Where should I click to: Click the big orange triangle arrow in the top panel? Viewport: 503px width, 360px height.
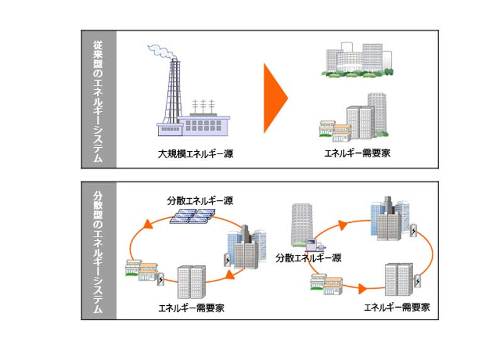coord(274,98)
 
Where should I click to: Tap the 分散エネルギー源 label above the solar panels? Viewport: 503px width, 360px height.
coord(200,201)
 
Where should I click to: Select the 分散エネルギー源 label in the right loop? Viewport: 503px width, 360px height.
coord(309,258)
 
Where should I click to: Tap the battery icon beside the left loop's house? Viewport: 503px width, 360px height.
coord(161,279)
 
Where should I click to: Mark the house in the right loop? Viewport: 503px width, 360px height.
coord(326,284)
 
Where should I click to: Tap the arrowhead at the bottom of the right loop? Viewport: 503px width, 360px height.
coord(363,290)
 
